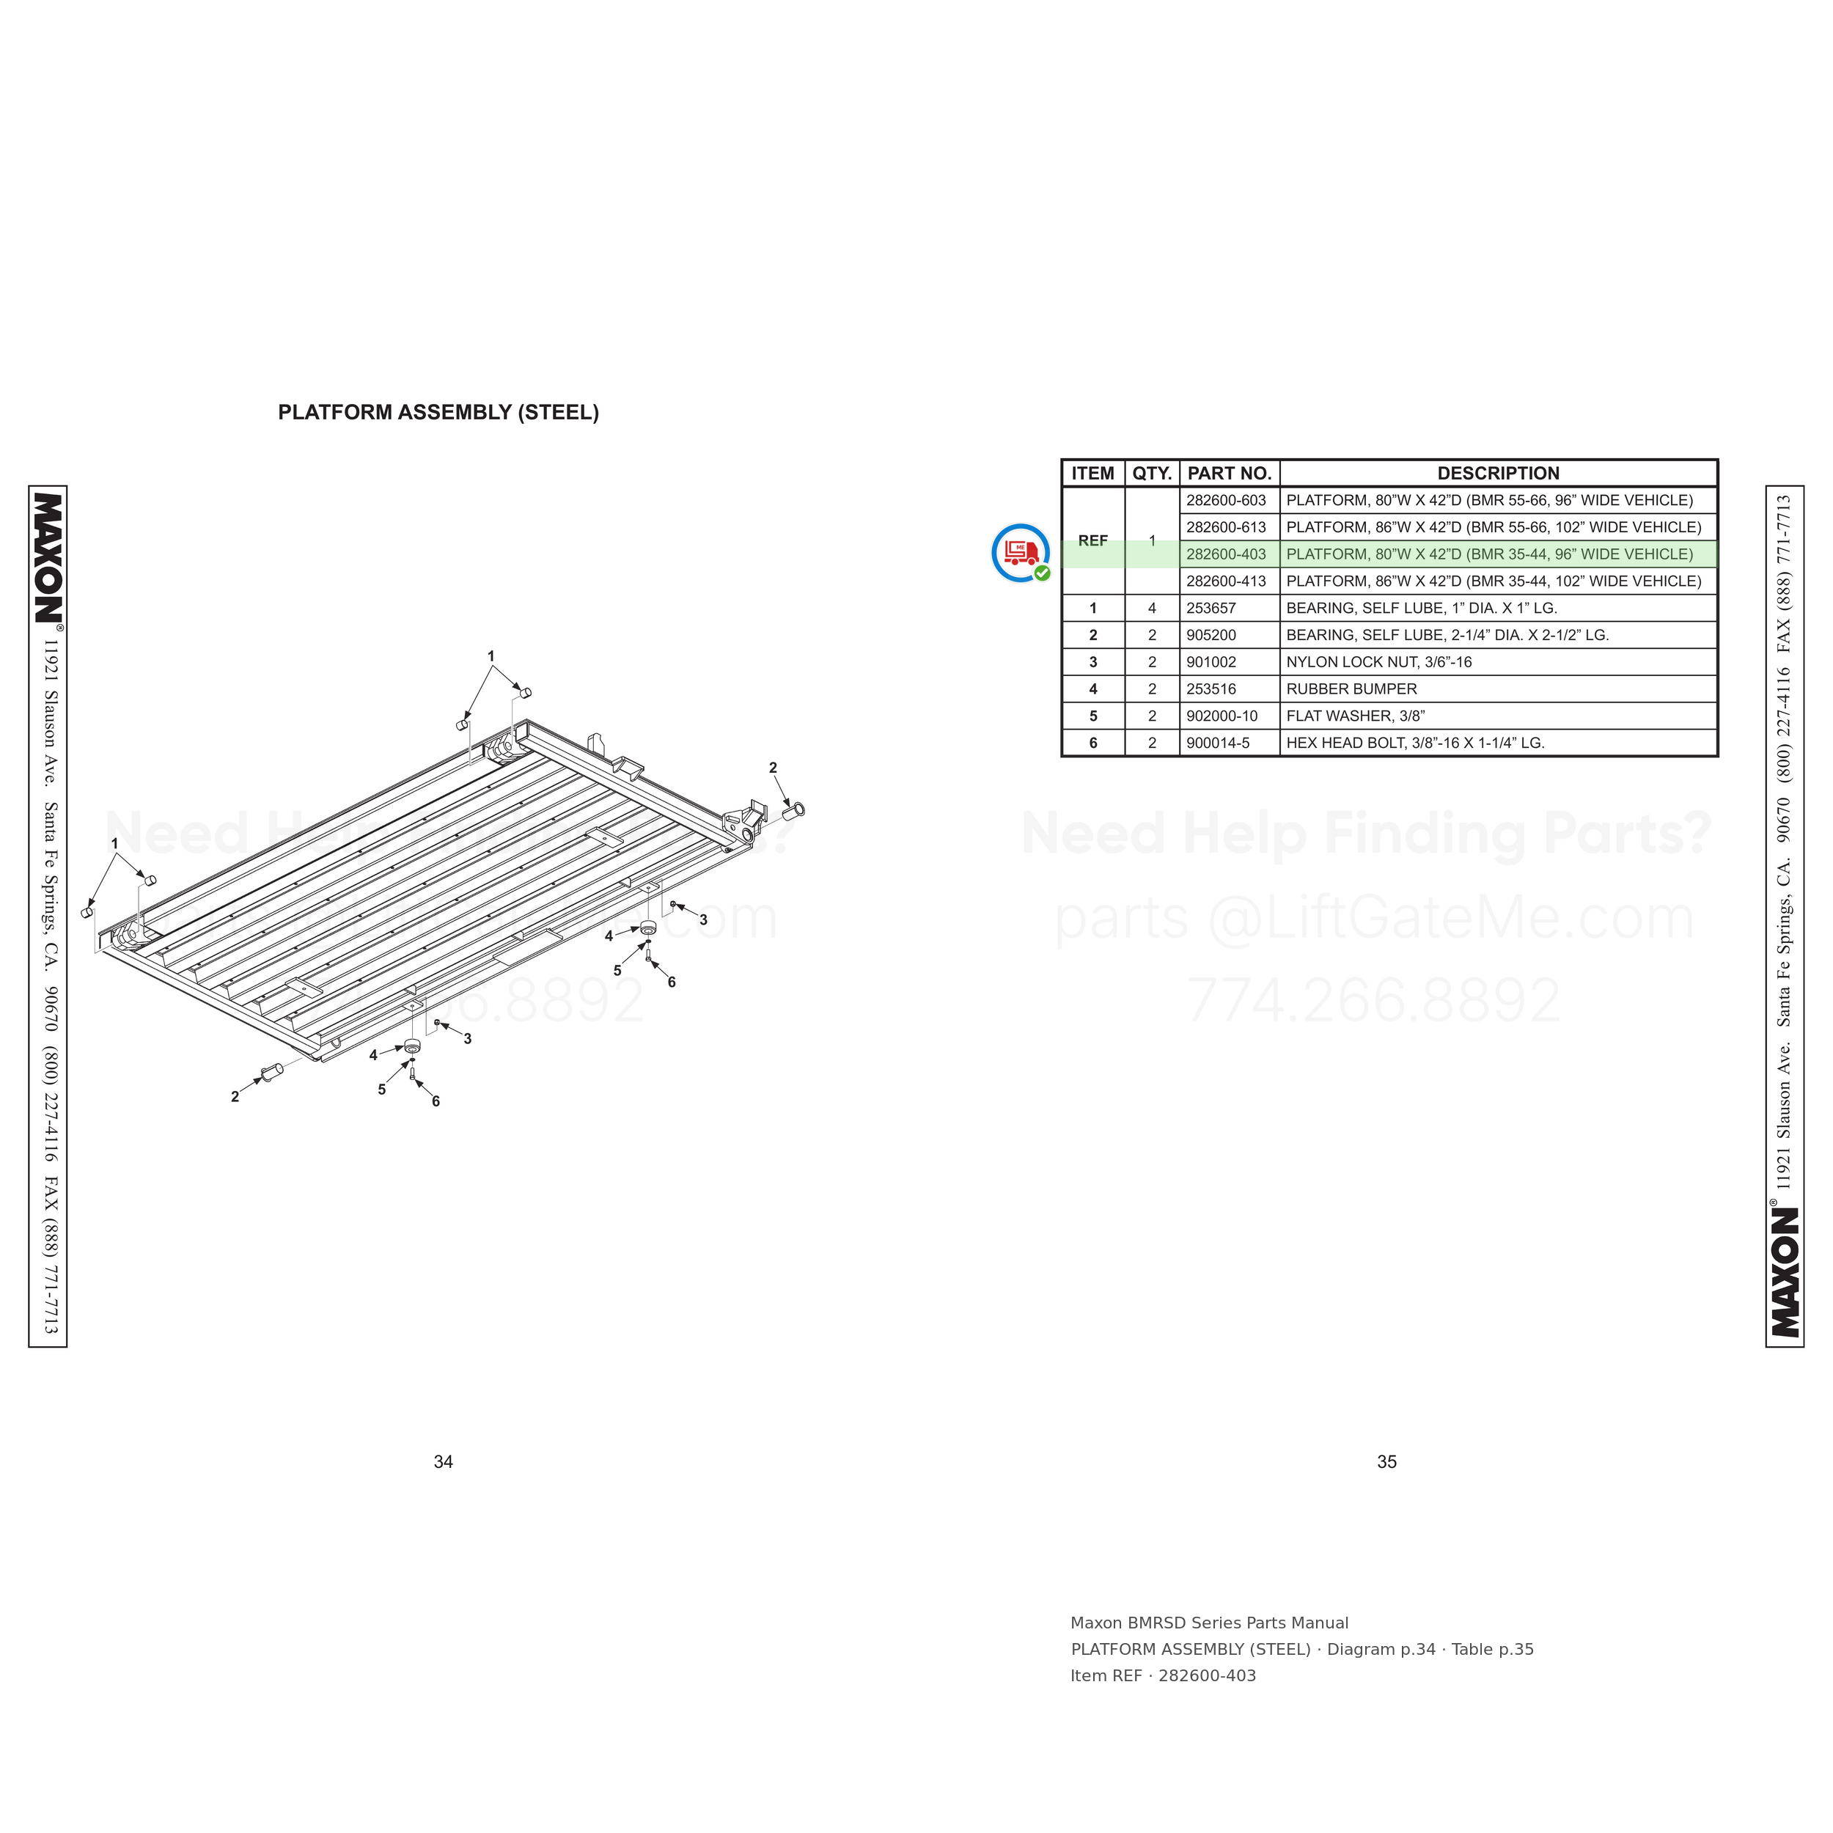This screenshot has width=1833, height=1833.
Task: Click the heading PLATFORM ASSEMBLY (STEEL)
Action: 438,413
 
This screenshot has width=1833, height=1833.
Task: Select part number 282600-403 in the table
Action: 1226,554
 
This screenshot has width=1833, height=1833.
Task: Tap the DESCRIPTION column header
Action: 1498,474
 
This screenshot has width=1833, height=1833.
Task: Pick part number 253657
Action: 1211,608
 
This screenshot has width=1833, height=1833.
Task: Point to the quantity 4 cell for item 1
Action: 1152,608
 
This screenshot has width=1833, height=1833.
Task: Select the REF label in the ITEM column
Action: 1093,541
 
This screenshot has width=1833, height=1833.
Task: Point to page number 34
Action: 443,1462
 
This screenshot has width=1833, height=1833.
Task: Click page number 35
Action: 1386,1462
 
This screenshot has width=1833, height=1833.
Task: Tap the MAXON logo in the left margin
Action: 48,558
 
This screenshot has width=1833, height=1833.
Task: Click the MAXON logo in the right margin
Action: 1785,1272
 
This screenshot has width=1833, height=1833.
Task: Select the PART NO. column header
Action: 1230,474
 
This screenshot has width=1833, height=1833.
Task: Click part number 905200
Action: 1211,636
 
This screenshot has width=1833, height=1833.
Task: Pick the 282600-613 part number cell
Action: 1226,527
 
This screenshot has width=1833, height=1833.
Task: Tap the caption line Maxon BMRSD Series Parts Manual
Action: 1209,1623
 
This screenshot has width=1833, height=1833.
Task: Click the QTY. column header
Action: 1152,474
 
